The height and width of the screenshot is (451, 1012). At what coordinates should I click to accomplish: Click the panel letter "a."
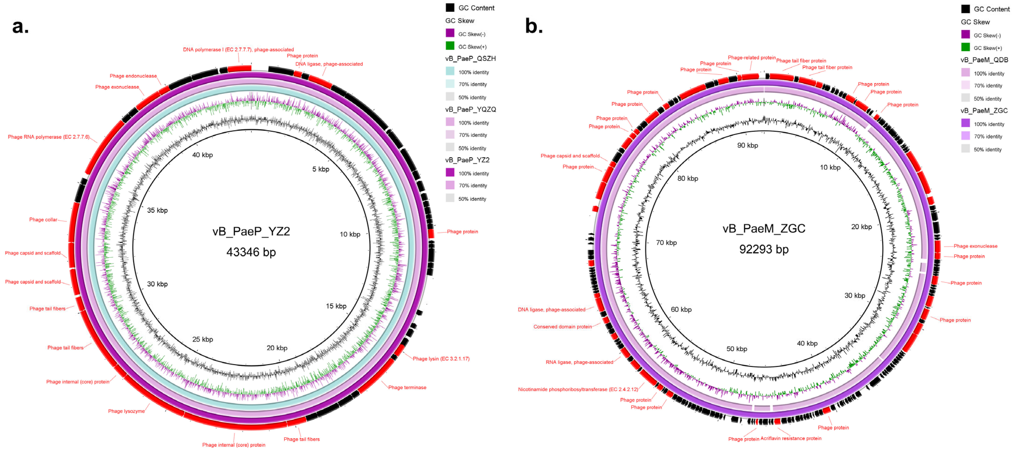[20, 27]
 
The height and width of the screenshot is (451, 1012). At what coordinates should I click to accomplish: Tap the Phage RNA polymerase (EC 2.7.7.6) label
[49, 137]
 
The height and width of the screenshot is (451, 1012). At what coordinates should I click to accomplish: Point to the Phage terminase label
[407, 387]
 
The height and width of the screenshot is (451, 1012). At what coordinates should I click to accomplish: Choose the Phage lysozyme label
[126, 411]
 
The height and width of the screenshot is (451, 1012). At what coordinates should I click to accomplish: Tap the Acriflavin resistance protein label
[791, 438]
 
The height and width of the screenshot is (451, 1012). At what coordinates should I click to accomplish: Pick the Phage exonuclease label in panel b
[975, 246]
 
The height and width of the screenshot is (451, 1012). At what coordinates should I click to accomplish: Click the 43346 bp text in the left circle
[251, 252]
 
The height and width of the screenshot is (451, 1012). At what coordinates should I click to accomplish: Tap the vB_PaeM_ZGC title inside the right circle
[764, 228]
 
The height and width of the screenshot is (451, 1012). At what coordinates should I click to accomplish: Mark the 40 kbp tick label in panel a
[202, 155]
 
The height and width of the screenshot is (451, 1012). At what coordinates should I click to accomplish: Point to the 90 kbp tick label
[747, 145]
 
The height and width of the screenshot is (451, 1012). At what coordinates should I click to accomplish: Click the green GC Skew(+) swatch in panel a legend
[450, 46]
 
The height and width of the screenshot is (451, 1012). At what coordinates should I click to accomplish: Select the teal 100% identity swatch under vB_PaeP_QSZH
[450, 71]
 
